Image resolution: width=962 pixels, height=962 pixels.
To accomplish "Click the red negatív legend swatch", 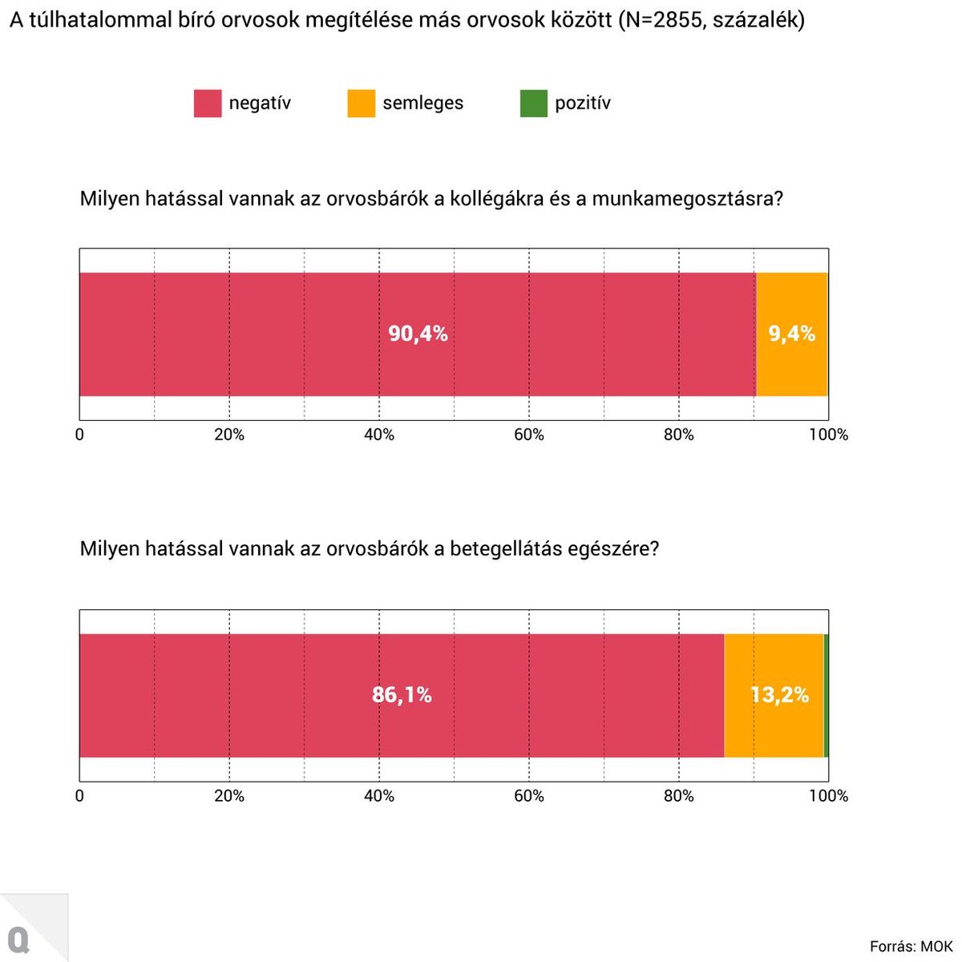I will pos(207,103).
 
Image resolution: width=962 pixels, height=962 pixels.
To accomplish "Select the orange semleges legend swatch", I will pos(361,103).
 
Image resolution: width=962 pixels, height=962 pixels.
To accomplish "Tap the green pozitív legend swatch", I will pos(533,103).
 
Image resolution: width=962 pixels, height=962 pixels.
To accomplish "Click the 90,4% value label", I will pos(418,333).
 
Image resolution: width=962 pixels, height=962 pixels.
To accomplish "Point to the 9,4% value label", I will pos(792,333).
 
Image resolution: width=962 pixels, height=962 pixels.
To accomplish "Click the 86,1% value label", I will pos(402,695).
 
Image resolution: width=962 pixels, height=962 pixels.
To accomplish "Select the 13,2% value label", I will pos(779,695).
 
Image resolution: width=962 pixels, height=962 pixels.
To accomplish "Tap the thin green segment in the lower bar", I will pos(826,695).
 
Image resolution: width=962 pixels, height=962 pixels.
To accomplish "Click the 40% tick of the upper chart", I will pos(379,435).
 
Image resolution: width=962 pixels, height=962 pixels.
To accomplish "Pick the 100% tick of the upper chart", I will pos(828,435).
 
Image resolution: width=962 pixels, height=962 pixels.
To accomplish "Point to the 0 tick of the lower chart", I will pos(79,796).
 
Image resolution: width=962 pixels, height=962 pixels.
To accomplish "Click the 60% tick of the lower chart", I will pos(529,796).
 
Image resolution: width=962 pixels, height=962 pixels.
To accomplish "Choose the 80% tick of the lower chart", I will pos(679,796).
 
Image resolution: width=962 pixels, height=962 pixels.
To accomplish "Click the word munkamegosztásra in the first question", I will pos(687,198).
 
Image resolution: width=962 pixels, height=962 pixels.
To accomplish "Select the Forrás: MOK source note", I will pos(911,947).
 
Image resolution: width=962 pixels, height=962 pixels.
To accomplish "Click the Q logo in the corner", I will pos(18,940).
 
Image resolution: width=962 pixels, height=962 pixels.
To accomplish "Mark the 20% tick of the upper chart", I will pos(229,435).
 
